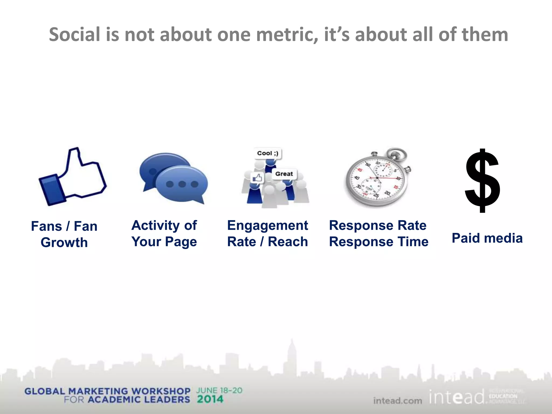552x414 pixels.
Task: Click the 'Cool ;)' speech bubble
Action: pyautogui.click(x=267, y=153)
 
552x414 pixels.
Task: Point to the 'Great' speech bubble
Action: pyautogui.click(x=284, y=174)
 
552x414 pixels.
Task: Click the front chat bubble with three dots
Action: pyautogui.click(x=182, y=184)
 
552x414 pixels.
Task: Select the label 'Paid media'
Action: pyautogui.click(x=487, y=238)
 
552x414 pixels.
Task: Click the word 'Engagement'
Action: pyautogui.click(x=267, y=225)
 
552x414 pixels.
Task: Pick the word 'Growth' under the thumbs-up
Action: pyautogui.click(x=64, y=243)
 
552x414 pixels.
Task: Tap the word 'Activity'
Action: pyautogui.click(x=156, y=225)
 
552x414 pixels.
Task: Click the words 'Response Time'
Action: pyautogui.click(x=379, y=242)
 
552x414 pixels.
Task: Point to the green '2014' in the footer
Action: pyautogui.click(x=210, y=399)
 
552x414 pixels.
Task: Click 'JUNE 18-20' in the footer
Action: pyautogui.click(x=219, y=391)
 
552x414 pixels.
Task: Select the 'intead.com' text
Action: pyautogui.click(x=398, y=401)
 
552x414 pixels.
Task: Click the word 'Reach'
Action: pyautogui.click(x=288, y=242)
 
